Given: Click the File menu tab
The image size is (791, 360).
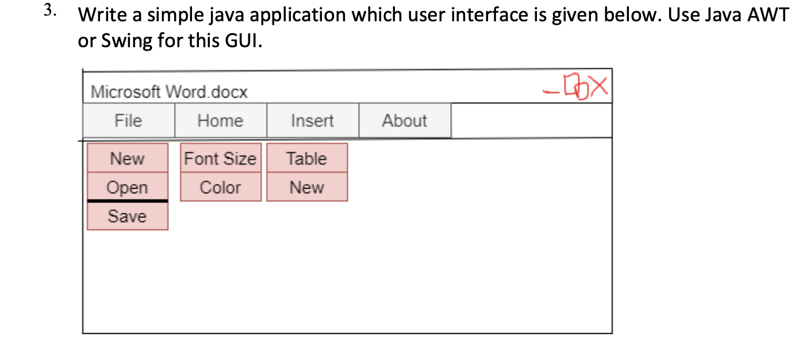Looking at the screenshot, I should pos(128,121).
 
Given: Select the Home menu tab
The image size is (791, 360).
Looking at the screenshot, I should pos(220,121).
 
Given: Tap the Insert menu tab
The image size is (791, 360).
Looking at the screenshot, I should pos(312,121).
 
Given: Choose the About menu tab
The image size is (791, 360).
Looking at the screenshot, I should pos(405,121).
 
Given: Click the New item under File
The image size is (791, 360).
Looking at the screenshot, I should pos(128,158).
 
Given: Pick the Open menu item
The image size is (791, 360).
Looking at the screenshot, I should pos(128,187).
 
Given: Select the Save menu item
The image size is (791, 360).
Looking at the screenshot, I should pos(128,216).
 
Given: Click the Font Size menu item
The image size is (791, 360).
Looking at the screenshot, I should pos(220,158).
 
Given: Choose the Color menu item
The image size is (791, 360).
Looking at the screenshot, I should pos(220,187).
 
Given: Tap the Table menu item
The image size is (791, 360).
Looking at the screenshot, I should pos(307,158).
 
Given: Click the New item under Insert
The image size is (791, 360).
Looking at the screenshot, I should pos(307,187).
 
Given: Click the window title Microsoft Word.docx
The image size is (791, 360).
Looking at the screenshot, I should pos(169,92).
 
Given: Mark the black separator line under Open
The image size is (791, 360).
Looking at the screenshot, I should pos(128,201).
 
